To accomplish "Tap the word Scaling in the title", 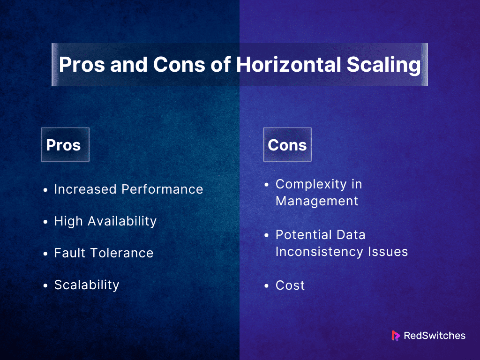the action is pos(383,65).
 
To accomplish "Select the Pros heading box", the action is pos(65,144).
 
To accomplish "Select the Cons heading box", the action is pos(287,144).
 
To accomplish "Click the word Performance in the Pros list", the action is pos(162,189).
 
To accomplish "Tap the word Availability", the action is pos(122,221).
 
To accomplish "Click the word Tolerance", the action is pos(122,253).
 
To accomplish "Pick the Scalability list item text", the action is pos(87,285).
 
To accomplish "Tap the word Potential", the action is pos(303,235).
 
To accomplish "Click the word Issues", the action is pos(388,252).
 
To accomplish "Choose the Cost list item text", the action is pos(290,285).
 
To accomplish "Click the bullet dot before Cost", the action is pos(266,286).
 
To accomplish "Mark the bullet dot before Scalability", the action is pos(45,285).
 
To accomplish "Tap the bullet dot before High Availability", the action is pos(45,222).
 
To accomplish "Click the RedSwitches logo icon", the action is pos(396,336).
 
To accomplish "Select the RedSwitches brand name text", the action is pos(435,336).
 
